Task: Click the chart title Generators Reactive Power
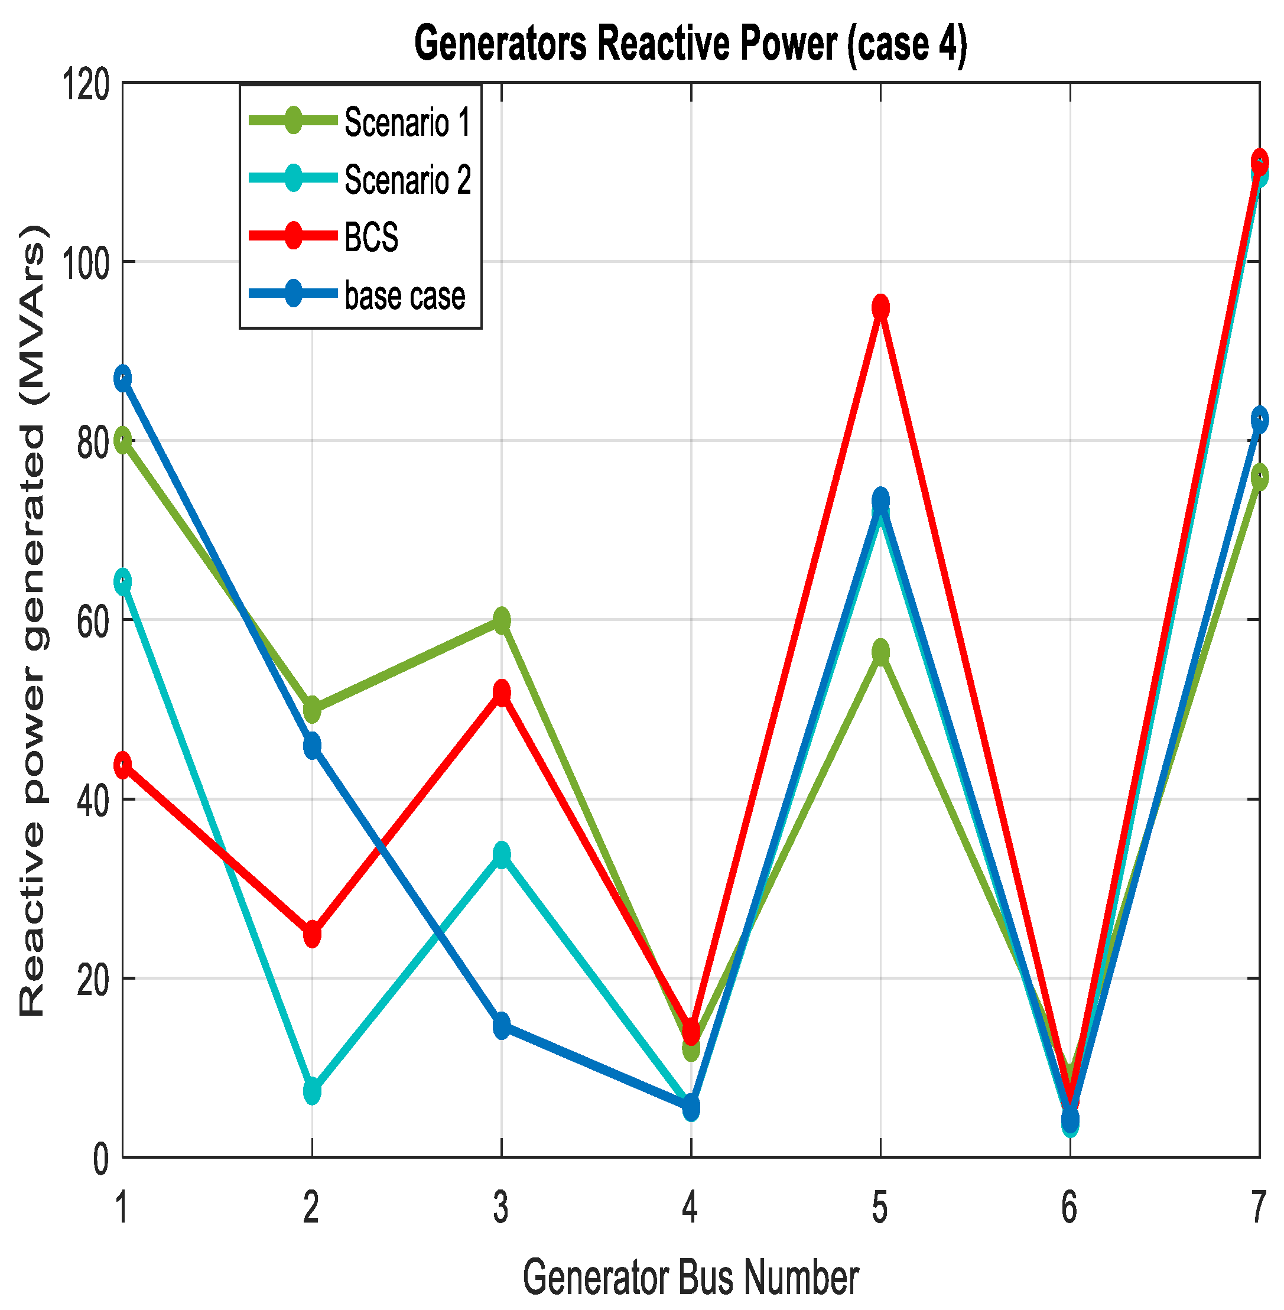coord(690,43)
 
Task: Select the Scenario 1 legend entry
coord(407,122)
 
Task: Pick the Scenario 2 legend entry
coord(407,180)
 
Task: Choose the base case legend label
coord(405,295)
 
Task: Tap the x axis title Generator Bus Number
coord(690,1277)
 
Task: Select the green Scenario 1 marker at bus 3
coord(501,620)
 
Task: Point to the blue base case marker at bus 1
coord(122,379)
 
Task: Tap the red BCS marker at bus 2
coord(311,934)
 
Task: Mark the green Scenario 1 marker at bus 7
coord(1259,477)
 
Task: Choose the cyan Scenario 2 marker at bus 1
coord(122,582)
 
